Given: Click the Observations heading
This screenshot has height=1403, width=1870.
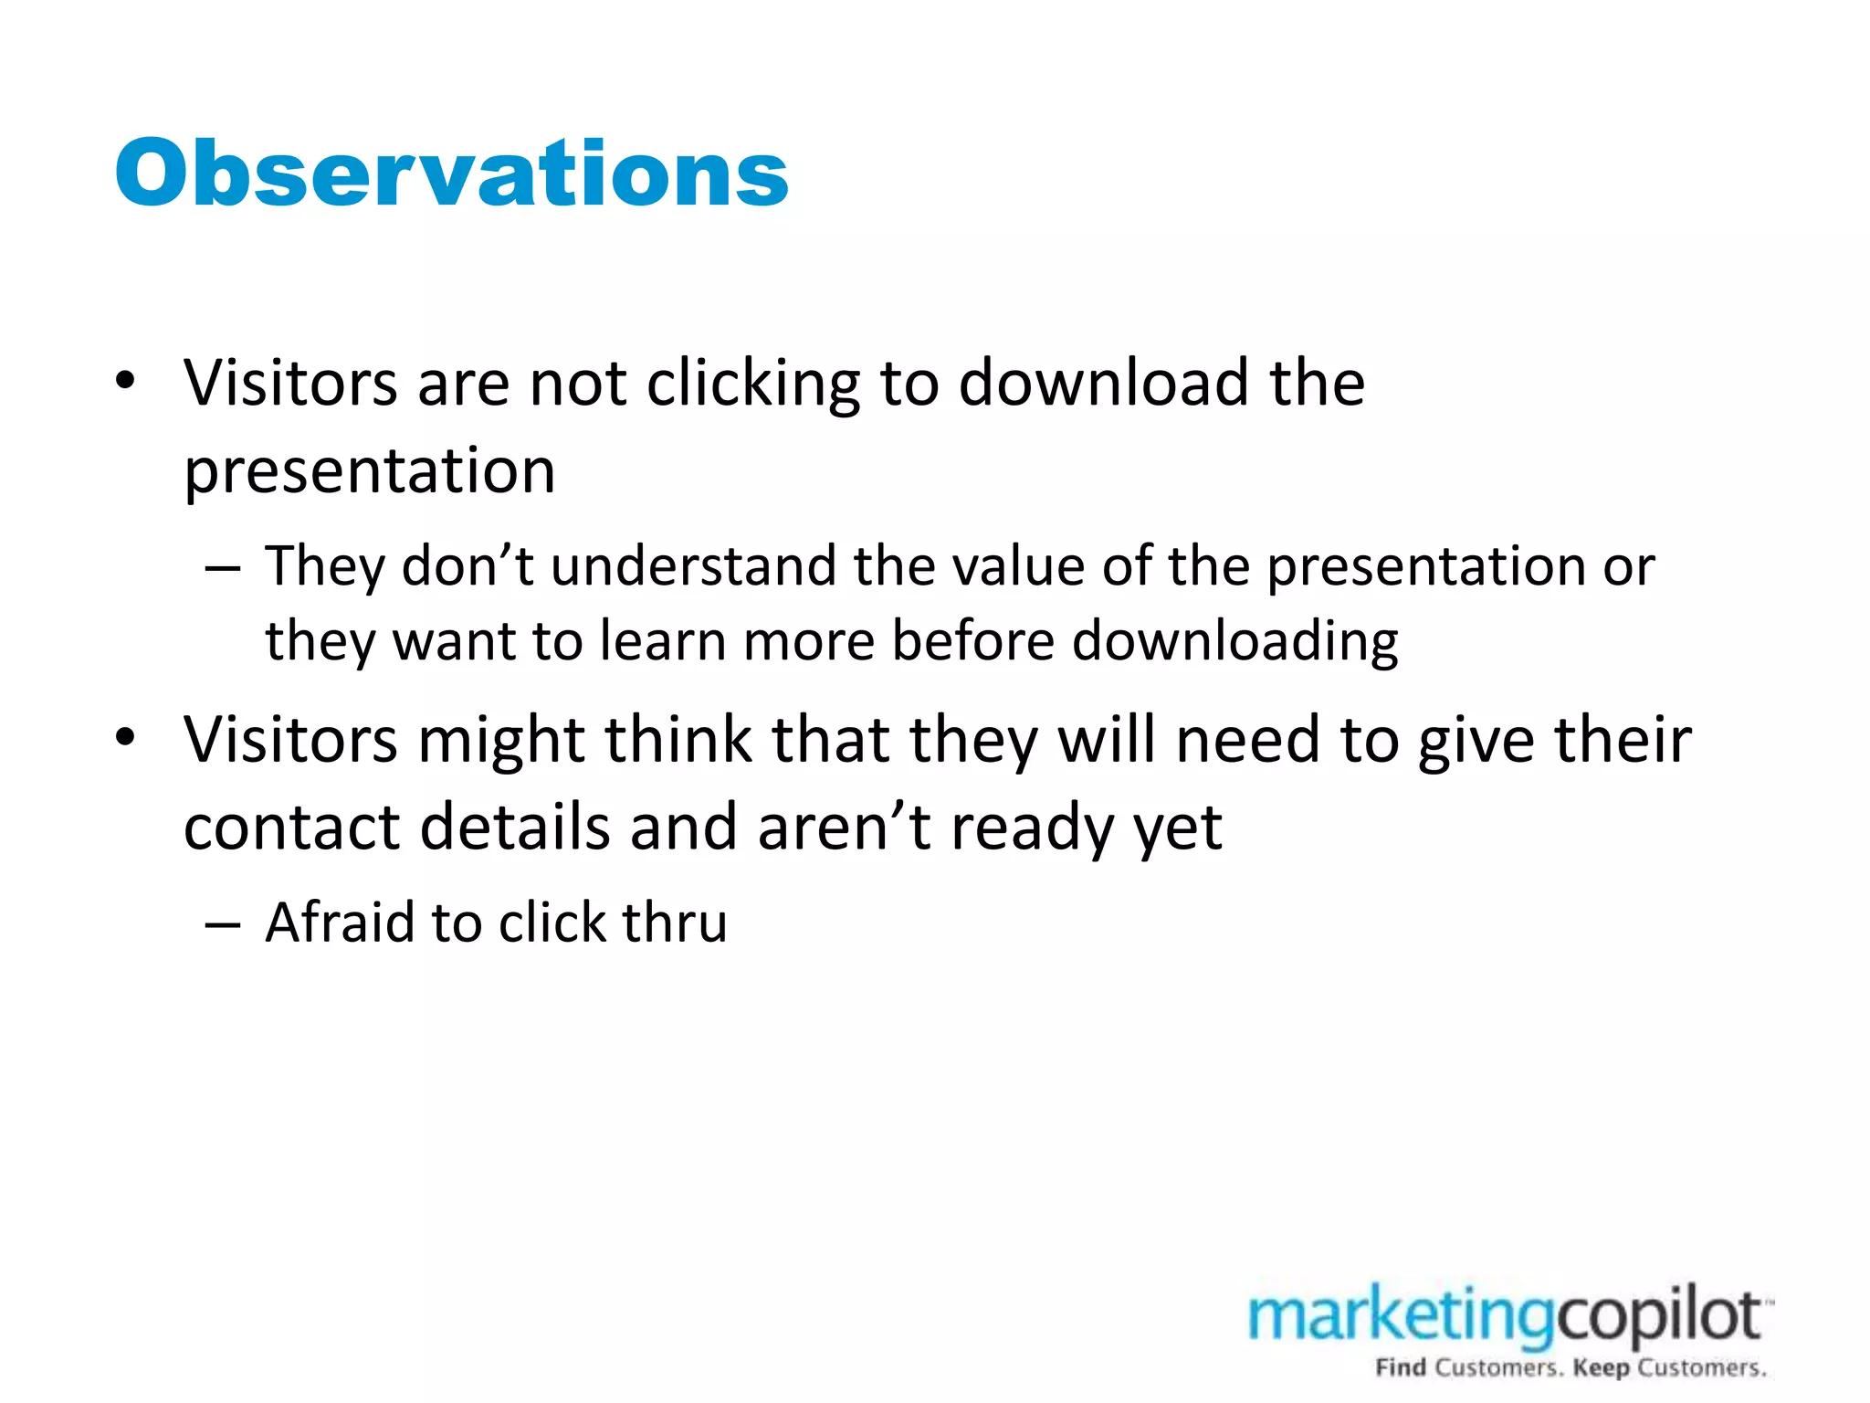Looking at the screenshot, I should [451, 174].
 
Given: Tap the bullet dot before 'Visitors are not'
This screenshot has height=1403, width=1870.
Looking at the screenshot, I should [126, 380].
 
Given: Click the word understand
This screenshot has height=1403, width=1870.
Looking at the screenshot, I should [694, 566].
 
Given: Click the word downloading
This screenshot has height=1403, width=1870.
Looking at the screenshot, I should [1234, 641].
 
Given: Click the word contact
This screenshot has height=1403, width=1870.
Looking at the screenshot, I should [292, 828].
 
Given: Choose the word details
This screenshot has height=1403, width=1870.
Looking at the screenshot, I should [515, 828].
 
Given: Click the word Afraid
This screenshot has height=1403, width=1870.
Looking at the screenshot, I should [340, 923].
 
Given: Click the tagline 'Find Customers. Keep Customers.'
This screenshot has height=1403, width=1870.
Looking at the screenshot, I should [1571, 1368].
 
